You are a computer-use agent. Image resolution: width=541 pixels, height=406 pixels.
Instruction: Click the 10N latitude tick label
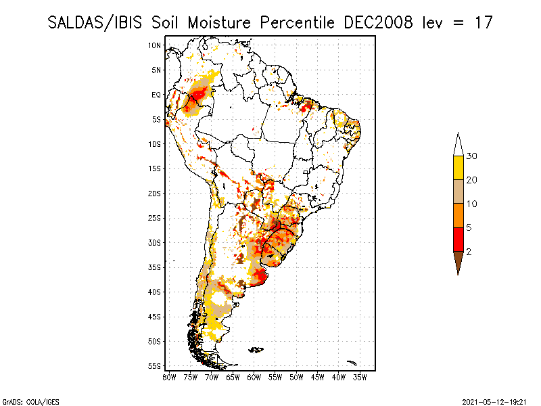tap(154, 45)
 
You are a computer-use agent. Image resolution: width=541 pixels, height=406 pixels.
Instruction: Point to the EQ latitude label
tap(156, 95)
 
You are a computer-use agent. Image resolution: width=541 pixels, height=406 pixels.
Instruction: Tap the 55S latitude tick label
tap(154, 365)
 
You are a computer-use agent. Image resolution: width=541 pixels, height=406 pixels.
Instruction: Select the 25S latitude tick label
tap(154, 218)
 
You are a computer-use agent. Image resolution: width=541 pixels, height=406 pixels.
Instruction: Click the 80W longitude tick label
tap(169, 377)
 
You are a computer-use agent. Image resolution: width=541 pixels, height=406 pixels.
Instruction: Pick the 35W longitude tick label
tap(360, 377)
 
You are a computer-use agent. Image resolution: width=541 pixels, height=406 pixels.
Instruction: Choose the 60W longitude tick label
tap(254, 377)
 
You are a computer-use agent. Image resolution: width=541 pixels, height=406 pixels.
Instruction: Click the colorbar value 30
tap(472, 156)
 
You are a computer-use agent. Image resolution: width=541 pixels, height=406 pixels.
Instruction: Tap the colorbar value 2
tap(469, 252)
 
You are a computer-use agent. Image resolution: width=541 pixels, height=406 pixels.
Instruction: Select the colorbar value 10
tap(472, 204)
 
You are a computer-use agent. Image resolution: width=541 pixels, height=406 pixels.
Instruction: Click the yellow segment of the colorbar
tap(458, 168)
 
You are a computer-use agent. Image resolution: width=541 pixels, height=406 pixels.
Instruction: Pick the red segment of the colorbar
tap(458, 239)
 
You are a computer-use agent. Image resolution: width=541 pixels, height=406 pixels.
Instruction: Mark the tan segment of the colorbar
tap(458, 191)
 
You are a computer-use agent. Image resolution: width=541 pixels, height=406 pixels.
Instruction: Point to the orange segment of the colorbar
tap(458, 215)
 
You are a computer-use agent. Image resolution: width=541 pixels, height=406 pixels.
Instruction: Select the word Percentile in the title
tap(298, 22)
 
